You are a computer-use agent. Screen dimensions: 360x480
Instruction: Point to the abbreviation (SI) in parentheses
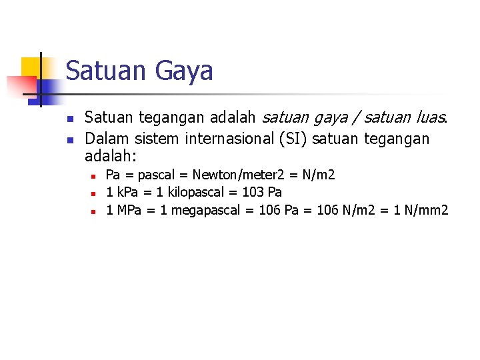(x=289, y=139)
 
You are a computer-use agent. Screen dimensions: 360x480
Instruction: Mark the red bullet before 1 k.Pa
(x=94, y=193)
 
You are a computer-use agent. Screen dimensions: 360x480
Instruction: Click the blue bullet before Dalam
(x=70, y=139)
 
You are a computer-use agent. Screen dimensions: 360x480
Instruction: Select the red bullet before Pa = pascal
(x=94, y=175)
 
